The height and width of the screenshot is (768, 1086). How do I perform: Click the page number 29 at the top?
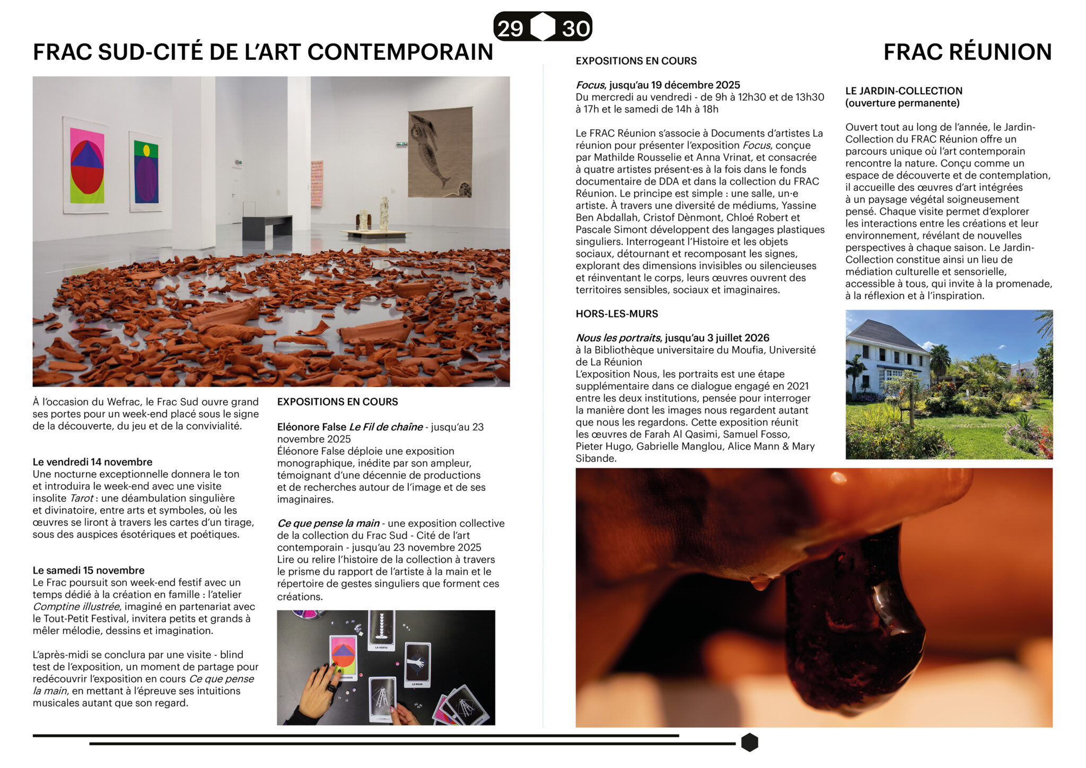(510, 28)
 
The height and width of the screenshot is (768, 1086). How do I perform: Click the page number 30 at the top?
(575, 28)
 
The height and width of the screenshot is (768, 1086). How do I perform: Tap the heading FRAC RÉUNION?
(967, 52)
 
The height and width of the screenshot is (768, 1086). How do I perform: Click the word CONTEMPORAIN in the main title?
(400, 52)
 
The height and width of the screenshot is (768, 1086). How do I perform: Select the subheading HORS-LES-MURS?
(617, 314)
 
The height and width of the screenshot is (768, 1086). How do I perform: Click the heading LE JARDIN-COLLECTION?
(904, 91)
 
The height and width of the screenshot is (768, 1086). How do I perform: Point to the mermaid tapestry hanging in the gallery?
(440, 153)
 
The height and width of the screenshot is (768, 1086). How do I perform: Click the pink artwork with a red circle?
(86, 166)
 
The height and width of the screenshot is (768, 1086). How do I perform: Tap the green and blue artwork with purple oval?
(146, 171)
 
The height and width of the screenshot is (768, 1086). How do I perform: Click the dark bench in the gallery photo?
(267, 223)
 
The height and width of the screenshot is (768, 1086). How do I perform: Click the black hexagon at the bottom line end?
(749, 743)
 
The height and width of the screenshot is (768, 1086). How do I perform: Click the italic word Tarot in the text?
(81, 498)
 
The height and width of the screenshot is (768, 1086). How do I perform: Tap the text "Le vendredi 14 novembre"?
(92, 462)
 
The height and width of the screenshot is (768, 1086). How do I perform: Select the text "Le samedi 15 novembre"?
(89, 570)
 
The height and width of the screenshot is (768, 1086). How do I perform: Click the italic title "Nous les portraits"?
(618, 338)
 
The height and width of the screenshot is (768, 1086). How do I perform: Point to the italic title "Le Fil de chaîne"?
(386, 427)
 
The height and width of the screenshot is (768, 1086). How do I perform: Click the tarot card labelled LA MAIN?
(417, 665)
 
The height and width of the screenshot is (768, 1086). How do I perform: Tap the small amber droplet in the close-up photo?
(760, 582)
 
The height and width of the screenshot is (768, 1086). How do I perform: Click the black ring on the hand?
(331, 688)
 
